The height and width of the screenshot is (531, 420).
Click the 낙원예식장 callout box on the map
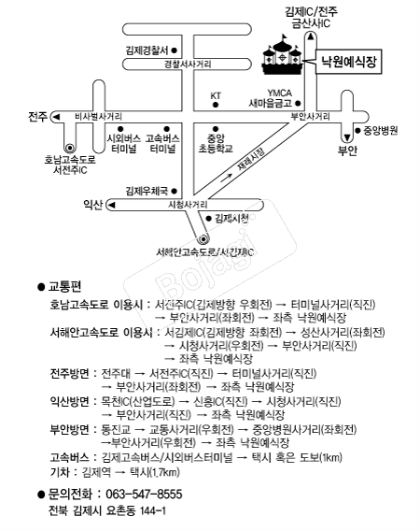(348, 62)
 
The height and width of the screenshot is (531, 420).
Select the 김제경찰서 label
(147, 50)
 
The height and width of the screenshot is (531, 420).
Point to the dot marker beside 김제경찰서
(175, 50)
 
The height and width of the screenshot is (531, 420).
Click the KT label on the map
(216, 96)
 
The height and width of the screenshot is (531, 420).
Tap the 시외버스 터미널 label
(124, 143)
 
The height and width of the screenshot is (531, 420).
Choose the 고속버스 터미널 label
(162, 143)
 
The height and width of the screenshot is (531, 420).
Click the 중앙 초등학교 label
(216, 143)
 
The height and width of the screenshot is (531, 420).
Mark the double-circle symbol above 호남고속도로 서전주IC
(70, 148)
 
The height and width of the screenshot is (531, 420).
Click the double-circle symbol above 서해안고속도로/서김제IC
(203, 239)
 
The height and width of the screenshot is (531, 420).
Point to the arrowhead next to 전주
(57, 117)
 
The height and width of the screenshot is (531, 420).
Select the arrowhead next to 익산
(112, 205)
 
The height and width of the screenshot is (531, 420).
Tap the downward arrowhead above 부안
(347, 137)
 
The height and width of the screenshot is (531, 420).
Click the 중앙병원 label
(381, 131)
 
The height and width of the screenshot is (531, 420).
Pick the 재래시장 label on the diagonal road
(251, 159)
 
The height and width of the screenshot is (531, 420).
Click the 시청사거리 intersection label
(188, 205)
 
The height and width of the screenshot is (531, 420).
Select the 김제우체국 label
(147, 191)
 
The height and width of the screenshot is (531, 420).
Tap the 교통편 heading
(64, 286)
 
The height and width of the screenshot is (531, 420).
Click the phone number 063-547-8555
(144, 495)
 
